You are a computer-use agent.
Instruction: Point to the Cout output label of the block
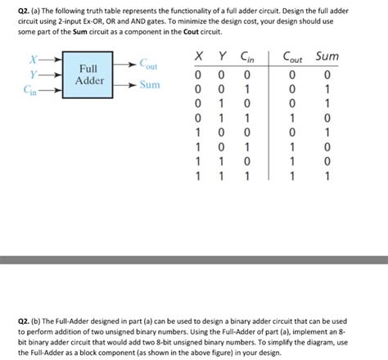(x=148, y=65)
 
